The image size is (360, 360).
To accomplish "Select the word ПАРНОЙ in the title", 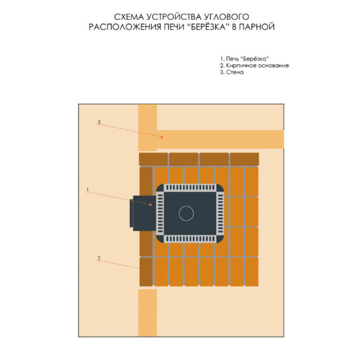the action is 257,27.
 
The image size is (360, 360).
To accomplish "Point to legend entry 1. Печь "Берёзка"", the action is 244,59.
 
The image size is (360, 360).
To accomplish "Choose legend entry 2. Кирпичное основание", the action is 254,65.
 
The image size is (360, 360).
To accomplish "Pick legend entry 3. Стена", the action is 232,72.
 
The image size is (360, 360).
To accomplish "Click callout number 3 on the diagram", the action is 99,122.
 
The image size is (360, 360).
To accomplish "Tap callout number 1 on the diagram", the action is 88,190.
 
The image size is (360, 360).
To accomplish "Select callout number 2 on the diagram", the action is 99,258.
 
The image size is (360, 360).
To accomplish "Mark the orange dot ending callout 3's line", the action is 161,137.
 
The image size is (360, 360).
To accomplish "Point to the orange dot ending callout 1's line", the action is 151,205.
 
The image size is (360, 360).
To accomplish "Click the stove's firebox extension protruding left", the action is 143,213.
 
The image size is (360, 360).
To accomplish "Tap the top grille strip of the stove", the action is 190,187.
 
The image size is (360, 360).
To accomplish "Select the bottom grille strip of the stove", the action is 190,239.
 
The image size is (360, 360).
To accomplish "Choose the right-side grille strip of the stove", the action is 220,213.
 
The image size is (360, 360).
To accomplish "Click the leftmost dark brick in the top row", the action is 154,159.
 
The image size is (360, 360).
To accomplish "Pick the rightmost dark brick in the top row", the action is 245,159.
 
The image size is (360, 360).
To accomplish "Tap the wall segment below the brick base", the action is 148,313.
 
